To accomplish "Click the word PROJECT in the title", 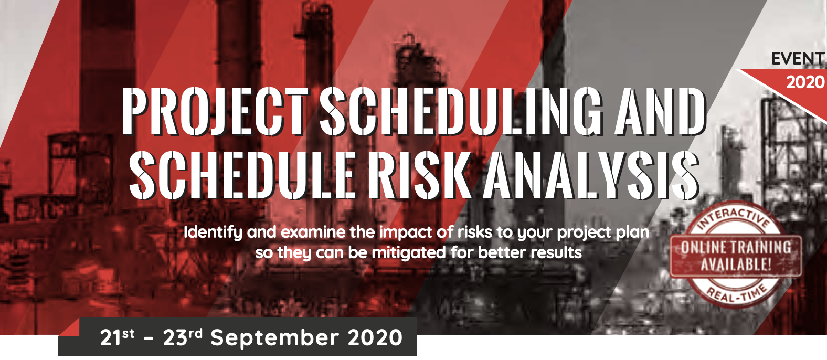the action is (215, 111).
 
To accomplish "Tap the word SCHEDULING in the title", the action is (461, 111).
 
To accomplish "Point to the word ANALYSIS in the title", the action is (591, 175).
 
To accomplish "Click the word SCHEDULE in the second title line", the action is (241, 175).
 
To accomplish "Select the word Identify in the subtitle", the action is (213, 233).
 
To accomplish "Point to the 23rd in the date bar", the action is (183, 337).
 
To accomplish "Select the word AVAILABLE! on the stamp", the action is (736, 264).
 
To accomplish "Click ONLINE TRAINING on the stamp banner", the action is (736, 247).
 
